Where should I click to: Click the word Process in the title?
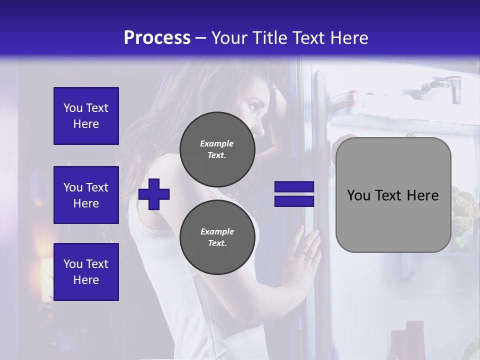[157, 38]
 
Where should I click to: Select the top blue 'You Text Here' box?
[86, 116]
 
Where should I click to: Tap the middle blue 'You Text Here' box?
[86, 195]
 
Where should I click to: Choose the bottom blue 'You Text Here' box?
[86, 272]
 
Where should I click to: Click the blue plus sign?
[154, 193]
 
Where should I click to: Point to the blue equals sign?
[294, 194]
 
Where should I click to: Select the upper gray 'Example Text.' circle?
[217, 149]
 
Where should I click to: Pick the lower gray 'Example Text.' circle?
[217, 237]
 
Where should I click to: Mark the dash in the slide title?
[201, 38]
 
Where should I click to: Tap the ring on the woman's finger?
[310, 255]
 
